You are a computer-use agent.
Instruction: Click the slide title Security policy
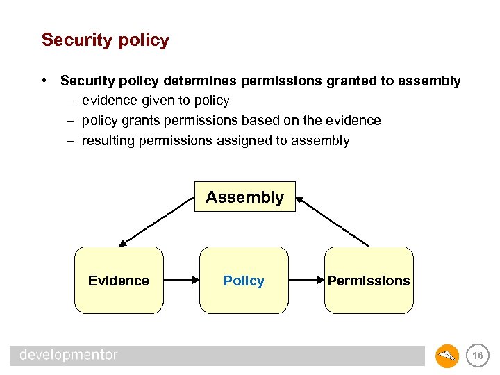tap(105, 40)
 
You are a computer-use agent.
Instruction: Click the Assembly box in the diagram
tap(244, 197)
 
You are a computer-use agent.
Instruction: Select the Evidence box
tap(119, 281)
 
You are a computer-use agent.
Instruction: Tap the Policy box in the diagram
tap(244, 281)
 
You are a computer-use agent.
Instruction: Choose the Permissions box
tap(369, 281)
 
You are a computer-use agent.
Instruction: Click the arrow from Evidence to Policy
tap(181, 281)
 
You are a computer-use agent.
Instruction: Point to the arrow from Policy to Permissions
tap(306, 281)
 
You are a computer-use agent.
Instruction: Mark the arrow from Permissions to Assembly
tap(332, 222)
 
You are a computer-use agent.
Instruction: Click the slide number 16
tap(477, 356)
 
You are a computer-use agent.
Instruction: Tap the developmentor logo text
tap(68, 356)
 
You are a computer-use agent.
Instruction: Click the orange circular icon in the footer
tap(447, 356)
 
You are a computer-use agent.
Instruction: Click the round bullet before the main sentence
tap(44, 81)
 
